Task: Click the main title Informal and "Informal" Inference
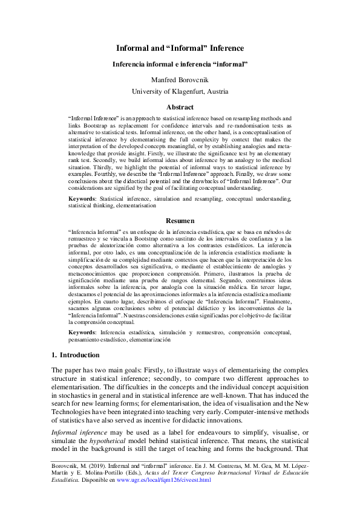(180, 49)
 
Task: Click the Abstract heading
(180, 106)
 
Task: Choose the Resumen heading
(180, 221)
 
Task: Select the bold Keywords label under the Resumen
(82, 332)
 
